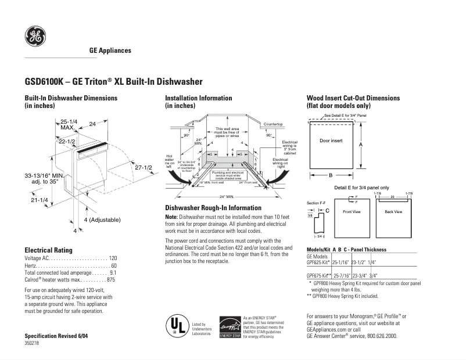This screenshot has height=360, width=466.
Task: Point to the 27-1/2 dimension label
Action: [x=143, y=167]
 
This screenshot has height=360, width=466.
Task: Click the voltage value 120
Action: [x=113, y=257]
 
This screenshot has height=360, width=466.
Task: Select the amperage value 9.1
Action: [x=113, y=272]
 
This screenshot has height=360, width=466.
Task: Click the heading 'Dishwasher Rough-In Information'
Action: [x=213, y=208]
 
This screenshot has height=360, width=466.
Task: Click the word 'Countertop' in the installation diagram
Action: [x=273, y=125]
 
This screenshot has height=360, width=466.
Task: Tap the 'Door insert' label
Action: [x=331, y=141]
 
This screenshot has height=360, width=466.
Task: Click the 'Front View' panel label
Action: [x=352, y=212]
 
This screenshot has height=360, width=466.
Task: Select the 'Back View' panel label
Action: [x=393, y=212]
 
